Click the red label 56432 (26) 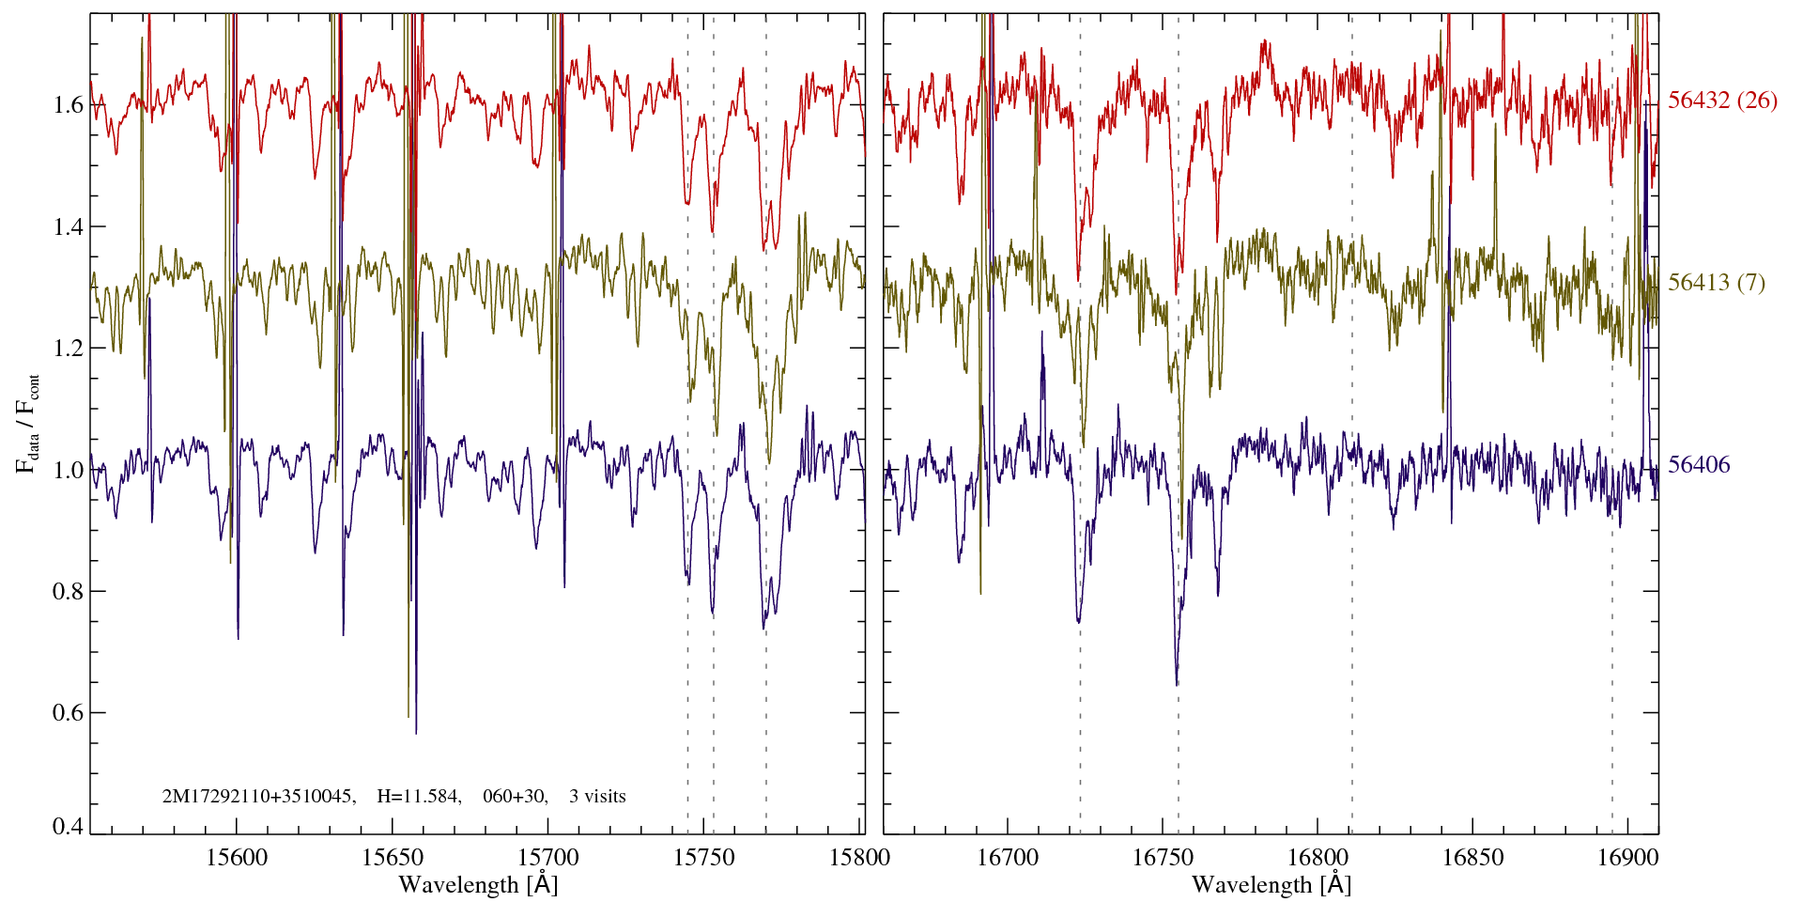1722,101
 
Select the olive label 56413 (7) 1716,283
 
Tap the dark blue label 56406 1699,465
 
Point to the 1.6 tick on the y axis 68,104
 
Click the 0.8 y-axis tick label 68,591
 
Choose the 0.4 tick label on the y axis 68,826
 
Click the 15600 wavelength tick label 237,857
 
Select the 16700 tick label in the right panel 1007,857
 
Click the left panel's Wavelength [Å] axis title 478,884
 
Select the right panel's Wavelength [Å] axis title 1271,884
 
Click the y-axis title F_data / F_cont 28,423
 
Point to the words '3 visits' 597,797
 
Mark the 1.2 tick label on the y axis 68,348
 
